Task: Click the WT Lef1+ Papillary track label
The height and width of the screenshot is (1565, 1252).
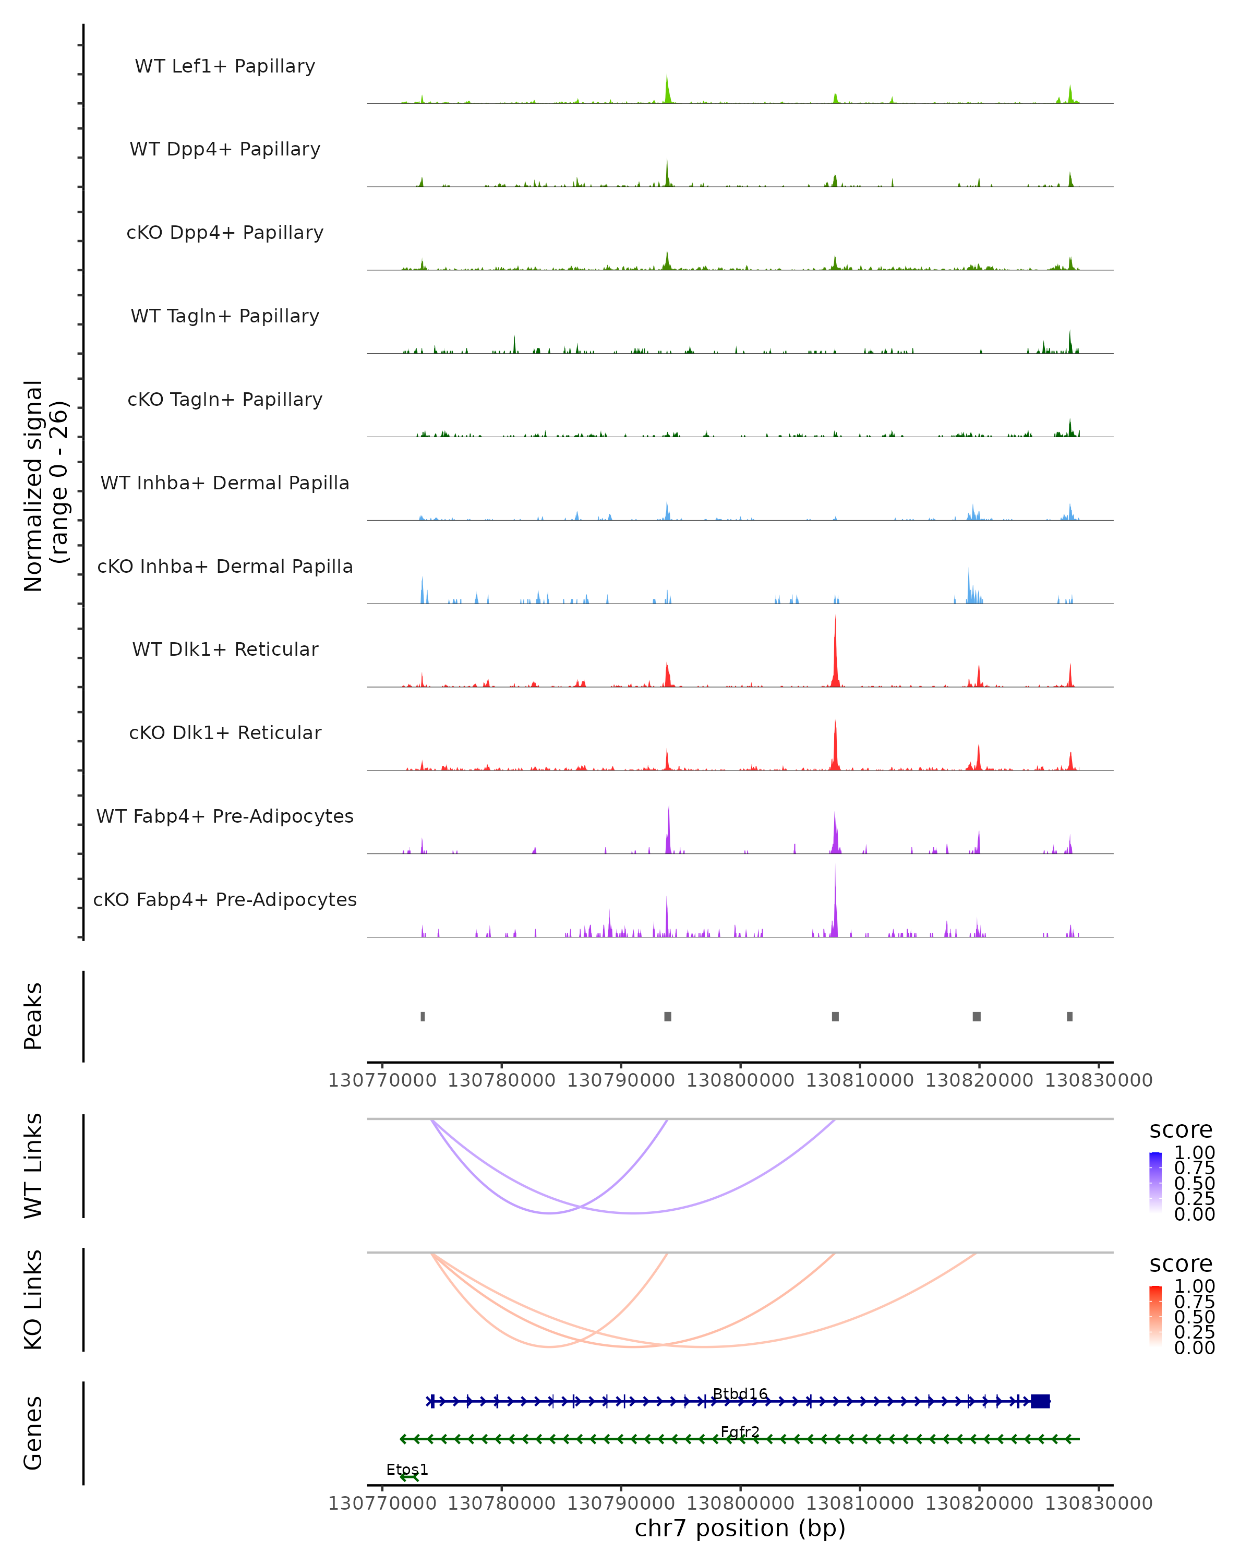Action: [225, 66]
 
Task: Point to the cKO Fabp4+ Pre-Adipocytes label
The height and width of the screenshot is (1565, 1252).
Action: [225, 899]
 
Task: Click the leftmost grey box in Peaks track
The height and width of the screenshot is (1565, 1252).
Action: [423, 1016]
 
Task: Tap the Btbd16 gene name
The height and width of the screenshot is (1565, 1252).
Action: [740, 1394]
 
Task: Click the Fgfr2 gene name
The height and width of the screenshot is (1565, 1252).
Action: [740, 1432]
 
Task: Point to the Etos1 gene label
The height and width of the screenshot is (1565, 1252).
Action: [407, 1470]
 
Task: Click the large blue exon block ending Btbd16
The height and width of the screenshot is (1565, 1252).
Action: [1040, 1402]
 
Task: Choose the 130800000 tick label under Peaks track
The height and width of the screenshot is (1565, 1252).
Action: [740, 1080]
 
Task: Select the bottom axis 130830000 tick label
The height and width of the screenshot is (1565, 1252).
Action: [1098, 1503]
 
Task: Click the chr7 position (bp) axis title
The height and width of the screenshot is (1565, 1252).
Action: [740, 1528]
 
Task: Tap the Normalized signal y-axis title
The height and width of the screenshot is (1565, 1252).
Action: [45, 486]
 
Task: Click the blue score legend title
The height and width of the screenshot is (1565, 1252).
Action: [1180, 1130]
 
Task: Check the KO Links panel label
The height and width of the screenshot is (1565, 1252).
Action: [33, 1299]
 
